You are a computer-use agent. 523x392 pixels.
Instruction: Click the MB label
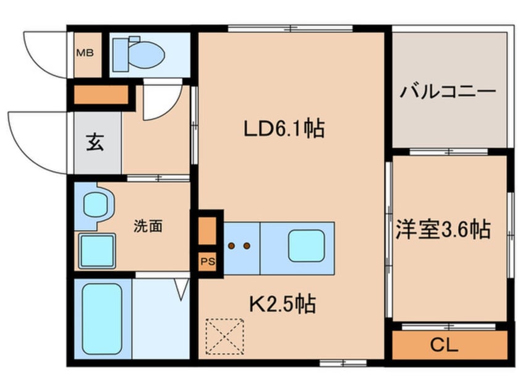[x=85, y=53]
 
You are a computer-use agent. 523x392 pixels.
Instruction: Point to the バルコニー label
[x=448, y=93]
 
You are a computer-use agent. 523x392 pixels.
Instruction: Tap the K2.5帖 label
[x=283, y=304]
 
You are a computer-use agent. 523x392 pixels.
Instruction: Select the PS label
[x=207, y=262]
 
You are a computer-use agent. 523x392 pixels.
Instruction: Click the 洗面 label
[x=148, y=226]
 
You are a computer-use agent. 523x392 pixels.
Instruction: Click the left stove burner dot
[x=232, y=245]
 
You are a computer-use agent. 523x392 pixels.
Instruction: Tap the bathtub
[x=102, y=318]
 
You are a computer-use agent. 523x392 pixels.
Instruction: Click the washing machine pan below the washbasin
[x=98, y=250]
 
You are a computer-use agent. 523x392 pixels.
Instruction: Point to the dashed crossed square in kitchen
[x=225, y=336]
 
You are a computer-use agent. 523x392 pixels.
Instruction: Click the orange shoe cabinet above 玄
[x=100, y=95]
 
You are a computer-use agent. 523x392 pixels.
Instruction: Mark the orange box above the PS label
[x=208, y=229]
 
